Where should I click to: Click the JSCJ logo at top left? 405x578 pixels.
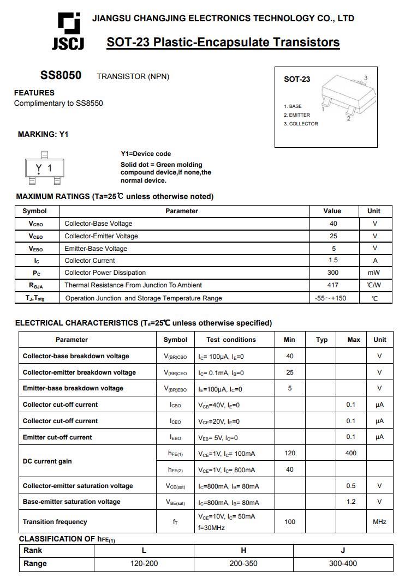[68, 31]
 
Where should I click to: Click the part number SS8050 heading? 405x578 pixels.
[61, 76]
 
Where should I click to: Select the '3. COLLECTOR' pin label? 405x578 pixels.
[301, 124]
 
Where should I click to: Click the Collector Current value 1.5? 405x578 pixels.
[333, 261]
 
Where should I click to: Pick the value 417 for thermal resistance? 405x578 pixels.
[333, 285]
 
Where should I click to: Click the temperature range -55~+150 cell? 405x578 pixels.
[331, 298]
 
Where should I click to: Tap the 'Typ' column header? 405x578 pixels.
[322, 340]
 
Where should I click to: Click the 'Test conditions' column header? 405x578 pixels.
[231, 340]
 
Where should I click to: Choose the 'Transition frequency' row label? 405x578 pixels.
[55, 522]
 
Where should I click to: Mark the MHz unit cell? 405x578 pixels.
[379, 522]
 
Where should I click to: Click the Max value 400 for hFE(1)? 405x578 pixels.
[350, 453]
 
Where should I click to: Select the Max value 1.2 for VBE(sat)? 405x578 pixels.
[350, 502]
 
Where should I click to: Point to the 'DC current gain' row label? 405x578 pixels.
[47, 461]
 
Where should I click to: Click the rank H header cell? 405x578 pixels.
[243, 550]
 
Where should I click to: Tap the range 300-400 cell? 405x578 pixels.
[343, 563]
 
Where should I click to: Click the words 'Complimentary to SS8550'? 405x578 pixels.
[58, 104]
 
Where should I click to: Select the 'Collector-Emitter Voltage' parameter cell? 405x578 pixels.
[101, 236]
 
